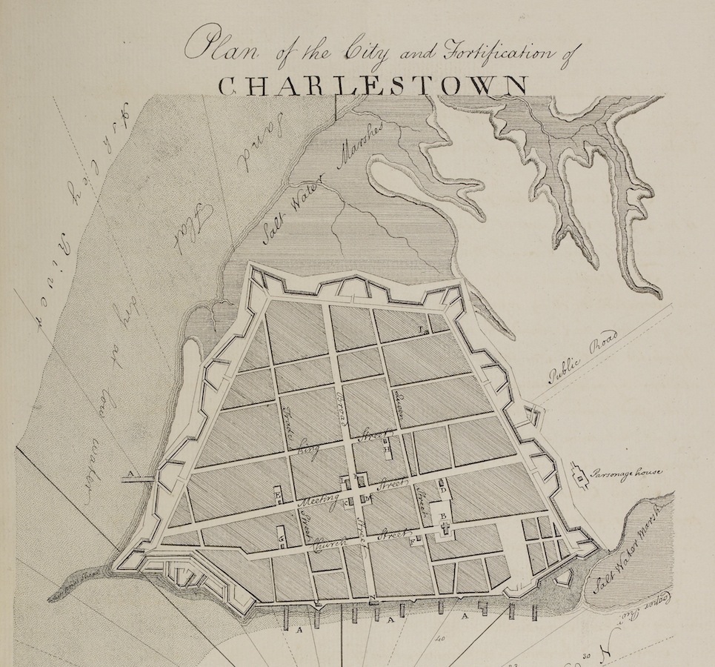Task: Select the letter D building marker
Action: coord(442,490)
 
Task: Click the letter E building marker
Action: coord(279,494)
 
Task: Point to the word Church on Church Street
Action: coord(329,543)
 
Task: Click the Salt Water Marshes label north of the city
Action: coord(324,179)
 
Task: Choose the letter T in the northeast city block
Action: coord(421,328)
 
